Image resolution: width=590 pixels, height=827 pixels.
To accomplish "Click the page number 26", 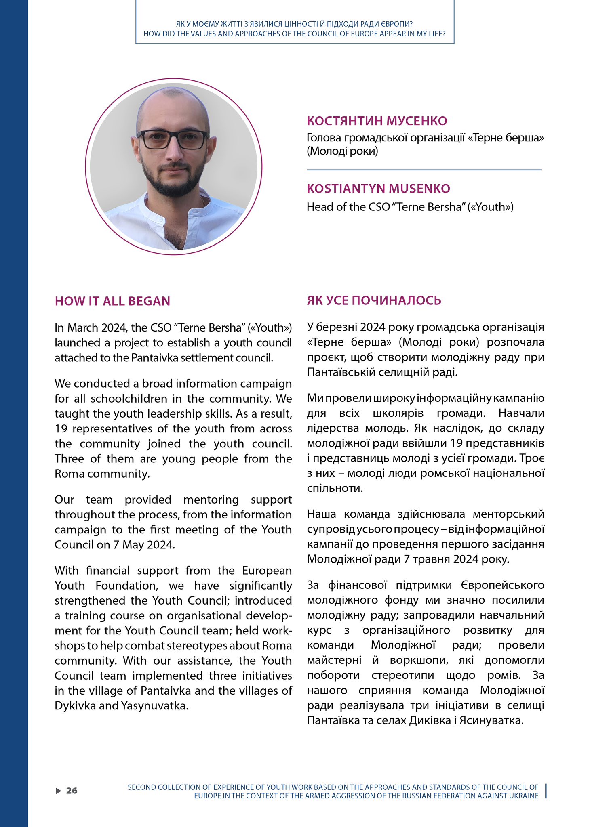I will point(72,790).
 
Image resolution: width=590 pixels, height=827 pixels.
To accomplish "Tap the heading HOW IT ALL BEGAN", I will point(112,301).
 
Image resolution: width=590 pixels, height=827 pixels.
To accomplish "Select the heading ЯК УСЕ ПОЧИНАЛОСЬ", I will point(374,300).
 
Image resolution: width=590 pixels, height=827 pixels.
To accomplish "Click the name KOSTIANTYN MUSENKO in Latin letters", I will point(378,189).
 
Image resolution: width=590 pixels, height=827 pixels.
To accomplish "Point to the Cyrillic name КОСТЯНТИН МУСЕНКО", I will point(377,121).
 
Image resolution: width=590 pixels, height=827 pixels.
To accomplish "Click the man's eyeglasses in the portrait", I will point(173,139).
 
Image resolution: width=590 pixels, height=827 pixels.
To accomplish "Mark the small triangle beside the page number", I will point(58,791).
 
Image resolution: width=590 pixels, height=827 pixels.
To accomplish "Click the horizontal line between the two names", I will point(424,170).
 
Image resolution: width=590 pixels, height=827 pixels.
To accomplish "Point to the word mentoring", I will point(211,500).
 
